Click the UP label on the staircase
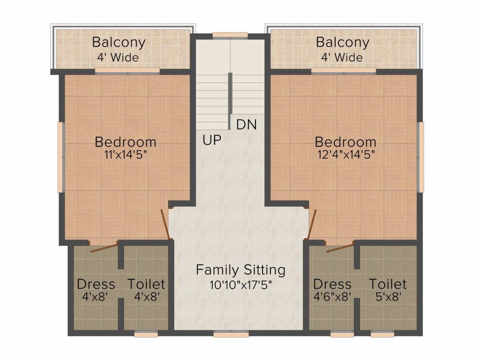212,140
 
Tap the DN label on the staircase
246,125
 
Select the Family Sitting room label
240,270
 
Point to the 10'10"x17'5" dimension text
240,284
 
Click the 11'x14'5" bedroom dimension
125,155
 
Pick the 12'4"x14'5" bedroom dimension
345,155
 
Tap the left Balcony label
119,42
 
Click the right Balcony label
343,42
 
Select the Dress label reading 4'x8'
96,284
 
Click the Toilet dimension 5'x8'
388,297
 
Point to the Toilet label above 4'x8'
146,284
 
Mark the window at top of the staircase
230,35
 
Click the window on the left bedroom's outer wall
60,157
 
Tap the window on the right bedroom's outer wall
421,157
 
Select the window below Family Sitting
224,334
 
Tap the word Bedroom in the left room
125,142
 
